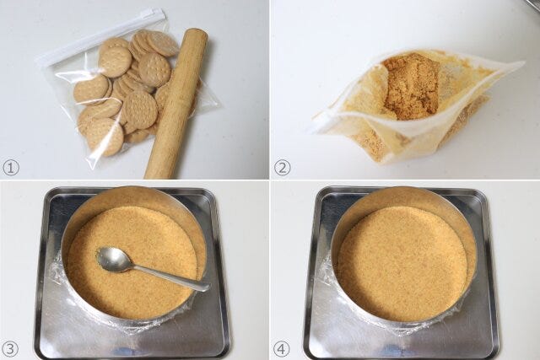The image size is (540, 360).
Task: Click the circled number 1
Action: (11, 168)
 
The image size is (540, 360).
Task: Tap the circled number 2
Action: (282, 168)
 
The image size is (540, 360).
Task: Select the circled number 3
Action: (10, 349)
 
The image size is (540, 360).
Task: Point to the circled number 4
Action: (281, 349)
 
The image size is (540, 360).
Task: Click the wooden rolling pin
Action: (175, 103)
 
